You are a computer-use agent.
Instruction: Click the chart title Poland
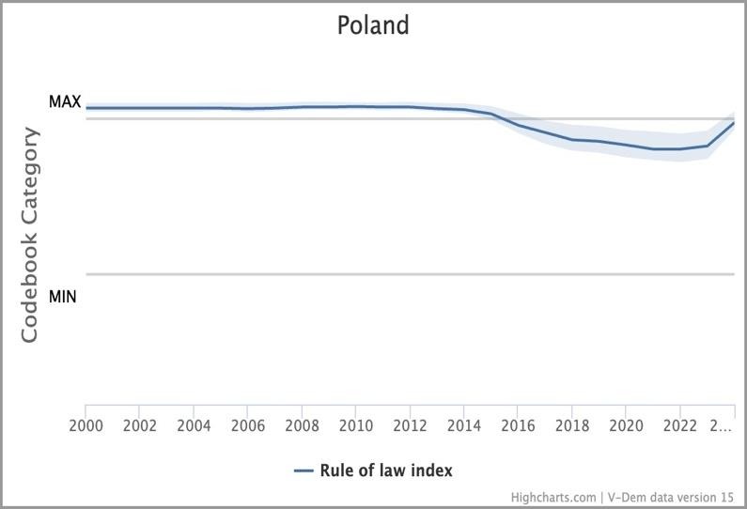point(373,24)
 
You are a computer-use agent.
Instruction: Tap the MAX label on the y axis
point(65,101)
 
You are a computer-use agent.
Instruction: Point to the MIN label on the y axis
point(63,297)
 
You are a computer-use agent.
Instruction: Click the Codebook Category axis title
point(30,235)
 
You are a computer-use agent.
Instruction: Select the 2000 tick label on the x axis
point(86,425)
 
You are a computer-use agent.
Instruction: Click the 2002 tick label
point(139,425)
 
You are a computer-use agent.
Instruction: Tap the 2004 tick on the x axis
point(194,425)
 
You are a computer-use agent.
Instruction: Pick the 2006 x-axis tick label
point(247,425)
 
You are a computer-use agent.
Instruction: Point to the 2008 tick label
point(302,425)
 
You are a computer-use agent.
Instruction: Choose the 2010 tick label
point(355,425)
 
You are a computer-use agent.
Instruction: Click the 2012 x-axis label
point(410,425)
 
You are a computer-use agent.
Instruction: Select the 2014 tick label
point(463,425)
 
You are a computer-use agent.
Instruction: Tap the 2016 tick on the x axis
point(518,425)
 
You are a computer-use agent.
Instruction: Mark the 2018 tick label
point(571,425)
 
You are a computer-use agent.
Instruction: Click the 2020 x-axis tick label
point(626,425)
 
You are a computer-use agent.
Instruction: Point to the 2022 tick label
point(679,425)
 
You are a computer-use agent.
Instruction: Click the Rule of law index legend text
point(386,470)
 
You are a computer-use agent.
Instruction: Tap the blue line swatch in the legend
point(303,470)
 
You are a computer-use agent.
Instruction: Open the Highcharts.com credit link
point(553,497)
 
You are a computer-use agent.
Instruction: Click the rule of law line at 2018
point(571,140)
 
